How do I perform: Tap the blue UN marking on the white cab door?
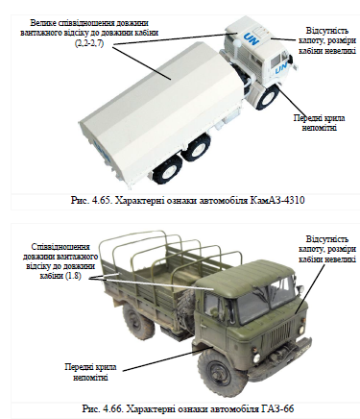[280, 68]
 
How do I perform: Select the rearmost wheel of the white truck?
[166, 172]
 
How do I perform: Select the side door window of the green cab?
[212, 305]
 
